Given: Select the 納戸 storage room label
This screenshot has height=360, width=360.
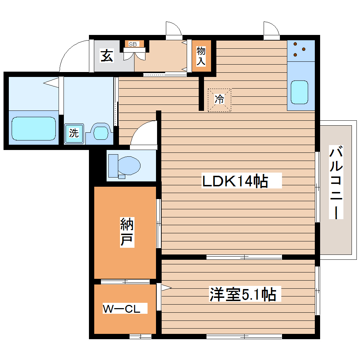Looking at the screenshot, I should click(x=127, y=232).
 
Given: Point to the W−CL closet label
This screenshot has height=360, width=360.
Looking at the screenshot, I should click(x=121, y=309).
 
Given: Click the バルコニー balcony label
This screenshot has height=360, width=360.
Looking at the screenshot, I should click(x=336, y=182).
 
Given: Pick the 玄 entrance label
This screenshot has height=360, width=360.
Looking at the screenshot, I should click(x=107, y=56).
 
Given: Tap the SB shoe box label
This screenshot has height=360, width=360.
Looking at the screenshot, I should click(x=133, y=44).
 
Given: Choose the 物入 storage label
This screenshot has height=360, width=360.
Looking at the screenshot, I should click(x=201, y=56).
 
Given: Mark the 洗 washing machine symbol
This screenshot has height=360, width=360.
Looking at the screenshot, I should click(x=74, y=133).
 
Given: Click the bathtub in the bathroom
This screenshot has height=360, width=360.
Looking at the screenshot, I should click(x=34, y=128).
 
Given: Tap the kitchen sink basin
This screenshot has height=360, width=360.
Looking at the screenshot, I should click(x=299, y=92).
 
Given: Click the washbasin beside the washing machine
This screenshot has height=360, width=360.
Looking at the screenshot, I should click(x=100, y=133).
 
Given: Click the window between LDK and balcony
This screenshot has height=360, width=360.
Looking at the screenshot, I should click(x=318, y=187).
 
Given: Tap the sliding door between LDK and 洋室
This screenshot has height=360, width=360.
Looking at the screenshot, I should click(x=244, y=257).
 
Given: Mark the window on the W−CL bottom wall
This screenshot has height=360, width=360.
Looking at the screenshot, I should click(x=140, y=336).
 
